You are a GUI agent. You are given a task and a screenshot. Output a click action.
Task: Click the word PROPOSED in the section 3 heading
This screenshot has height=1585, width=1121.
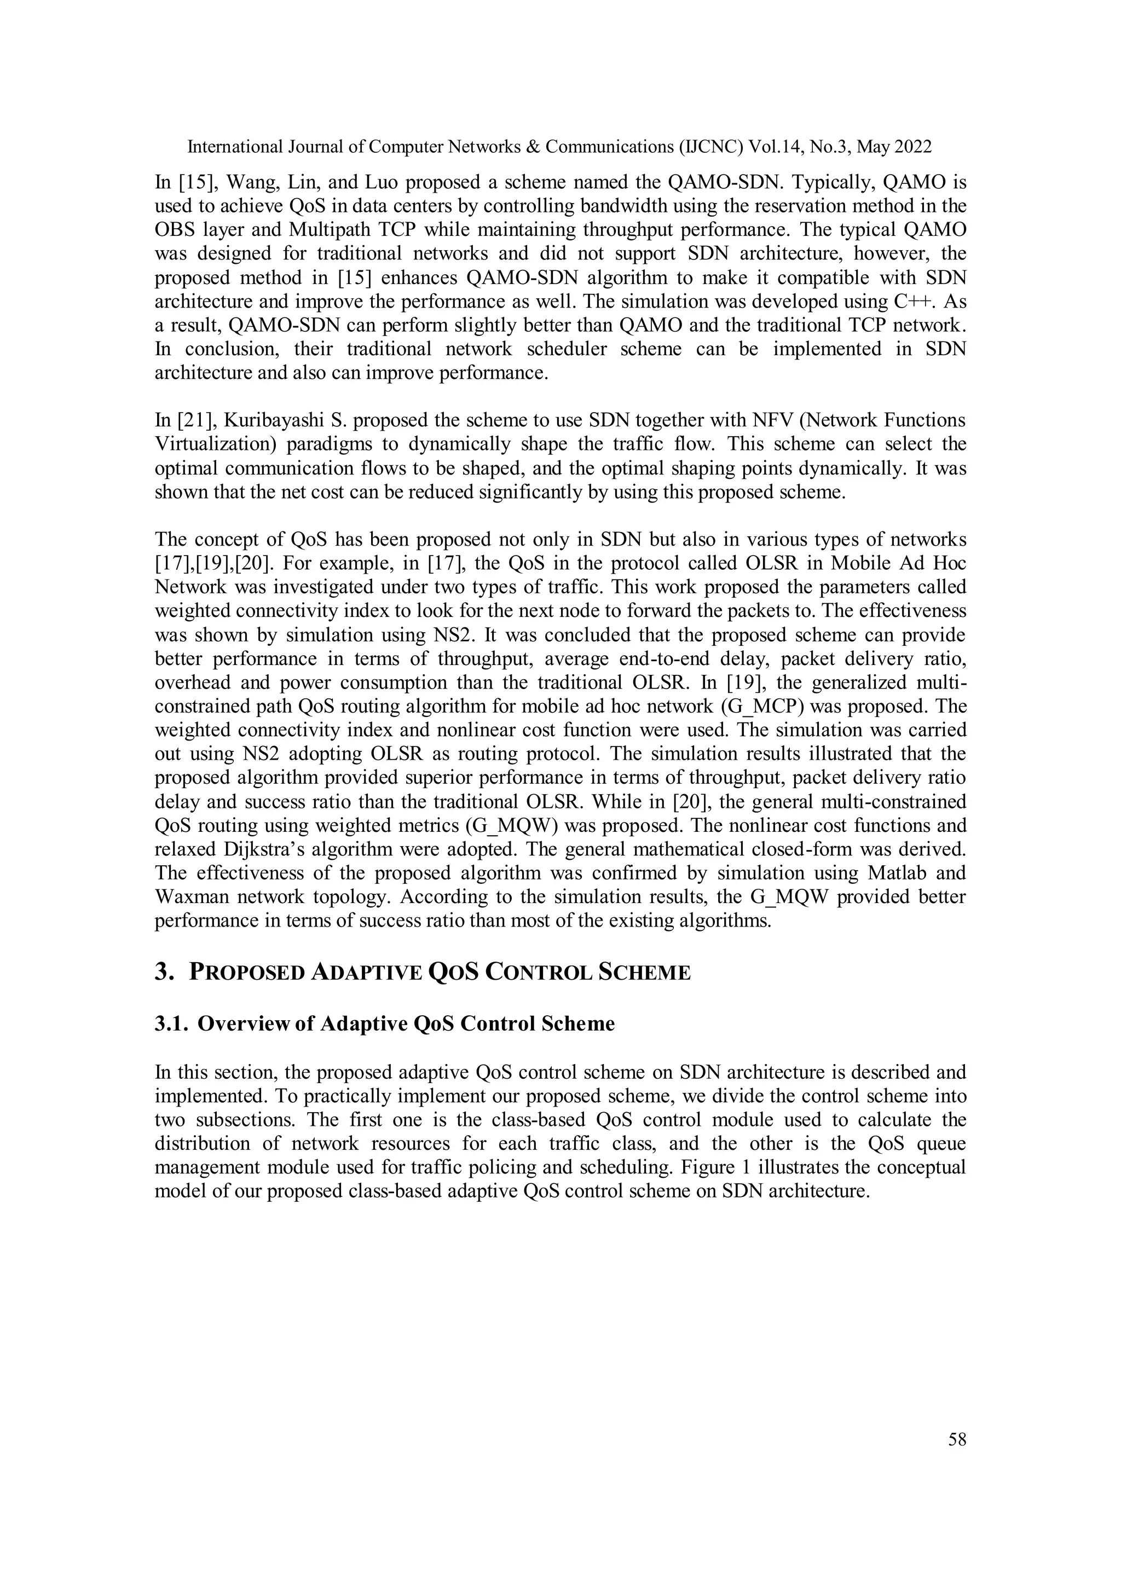point(246,973)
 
